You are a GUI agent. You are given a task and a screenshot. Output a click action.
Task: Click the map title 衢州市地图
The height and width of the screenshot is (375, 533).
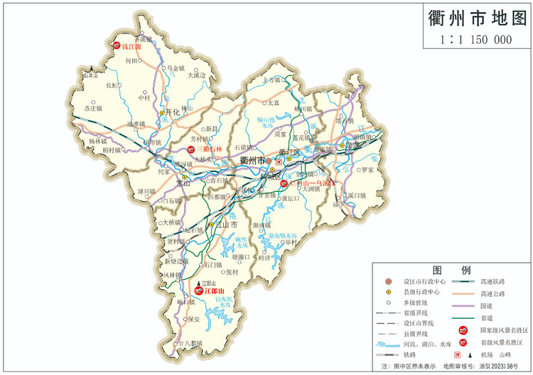476,18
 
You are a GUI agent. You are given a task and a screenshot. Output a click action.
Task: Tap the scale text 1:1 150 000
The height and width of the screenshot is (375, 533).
476,40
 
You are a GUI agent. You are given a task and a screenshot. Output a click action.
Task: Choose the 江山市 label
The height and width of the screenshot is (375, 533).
225,224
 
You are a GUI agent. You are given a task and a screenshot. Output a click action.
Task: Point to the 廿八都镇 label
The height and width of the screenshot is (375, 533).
190,342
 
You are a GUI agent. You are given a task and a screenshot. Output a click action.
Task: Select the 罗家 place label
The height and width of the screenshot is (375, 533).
366,170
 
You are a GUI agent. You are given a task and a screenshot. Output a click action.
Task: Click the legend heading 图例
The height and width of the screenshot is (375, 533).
452,271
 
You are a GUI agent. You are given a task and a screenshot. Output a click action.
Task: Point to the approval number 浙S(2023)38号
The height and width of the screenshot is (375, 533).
497,366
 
